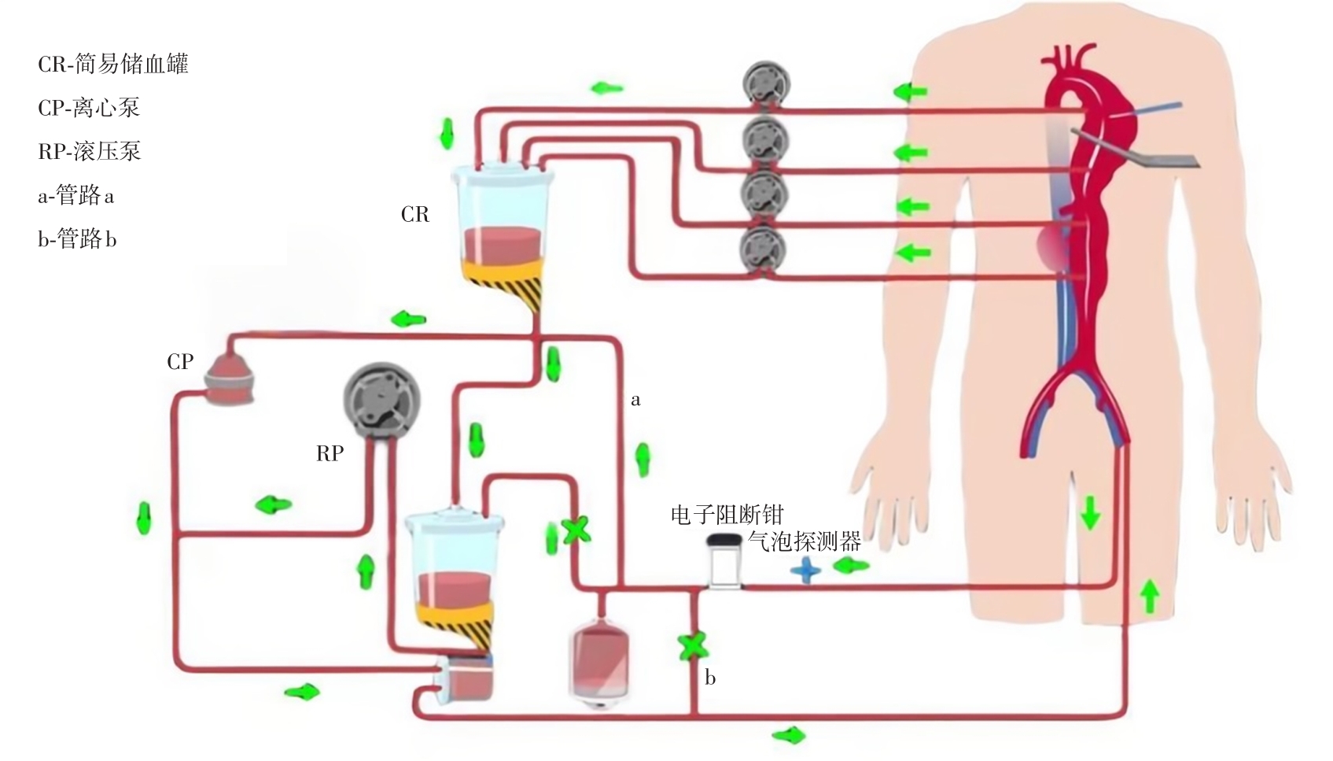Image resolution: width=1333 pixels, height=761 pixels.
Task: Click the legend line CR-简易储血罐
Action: click(x=113, y=64)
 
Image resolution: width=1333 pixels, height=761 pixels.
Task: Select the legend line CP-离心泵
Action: click(x=89, y=108)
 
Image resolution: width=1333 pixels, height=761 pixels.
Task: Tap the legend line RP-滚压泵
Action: click(x=89, y=151)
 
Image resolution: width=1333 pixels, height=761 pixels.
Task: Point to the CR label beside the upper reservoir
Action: click(x=415, y=215)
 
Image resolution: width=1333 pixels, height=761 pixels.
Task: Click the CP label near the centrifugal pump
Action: click(x=180, y=361)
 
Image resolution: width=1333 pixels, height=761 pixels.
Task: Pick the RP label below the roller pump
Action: click(x=330, y=453)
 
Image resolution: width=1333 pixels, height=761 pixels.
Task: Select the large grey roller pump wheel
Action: click(x=382, y=400)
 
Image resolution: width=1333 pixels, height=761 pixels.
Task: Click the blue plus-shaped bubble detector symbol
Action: click(x=805, y=571)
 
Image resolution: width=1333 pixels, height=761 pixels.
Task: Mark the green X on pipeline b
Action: click(x=693, y=646)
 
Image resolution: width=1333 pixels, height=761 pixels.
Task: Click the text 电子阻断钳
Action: click(x=727, y=515)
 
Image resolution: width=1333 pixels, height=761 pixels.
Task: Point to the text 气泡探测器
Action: click(x=805, y=541)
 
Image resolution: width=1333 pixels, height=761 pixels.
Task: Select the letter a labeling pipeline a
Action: click(x=635, y=401)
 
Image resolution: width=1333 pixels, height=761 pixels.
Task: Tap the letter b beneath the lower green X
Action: click(x=710, y=678)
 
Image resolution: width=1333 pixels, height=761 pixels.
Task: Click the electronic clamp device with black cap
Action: click(x=724, y=560)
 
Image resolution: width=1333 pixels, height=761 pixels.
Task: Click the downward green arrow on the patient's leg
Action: click(x=1090, y=513)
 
